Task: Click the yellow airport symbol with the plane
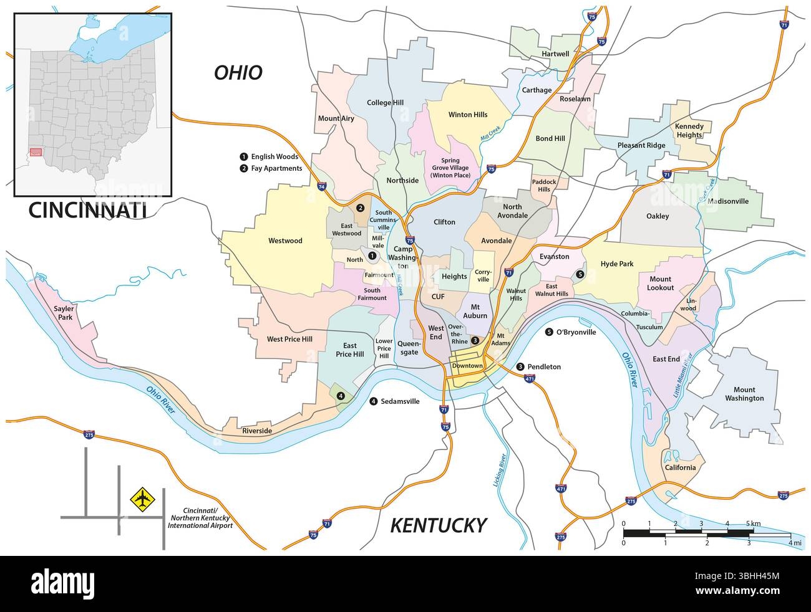(x=142, y=499)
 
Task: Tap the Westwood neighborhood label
(x=285, y=241)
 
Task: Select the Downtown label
(x=467, y=366)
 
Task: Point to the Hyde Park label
(x=616, y=264)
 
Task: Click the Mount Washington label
(x=744, y=393)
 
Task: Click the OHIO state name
(x=238, y=73)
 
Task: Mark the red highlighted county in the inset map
(x=36, y=151)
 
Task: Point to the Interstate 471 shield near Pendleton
(x=530, y=378)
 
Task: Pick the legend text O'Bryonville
(x=575, y=332)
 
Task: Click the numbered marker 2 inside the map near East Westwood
(x=360, y=208)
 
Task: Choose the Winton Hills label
(x=468, y=115)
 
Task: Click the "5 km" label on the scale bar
(x=752, y=523)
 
